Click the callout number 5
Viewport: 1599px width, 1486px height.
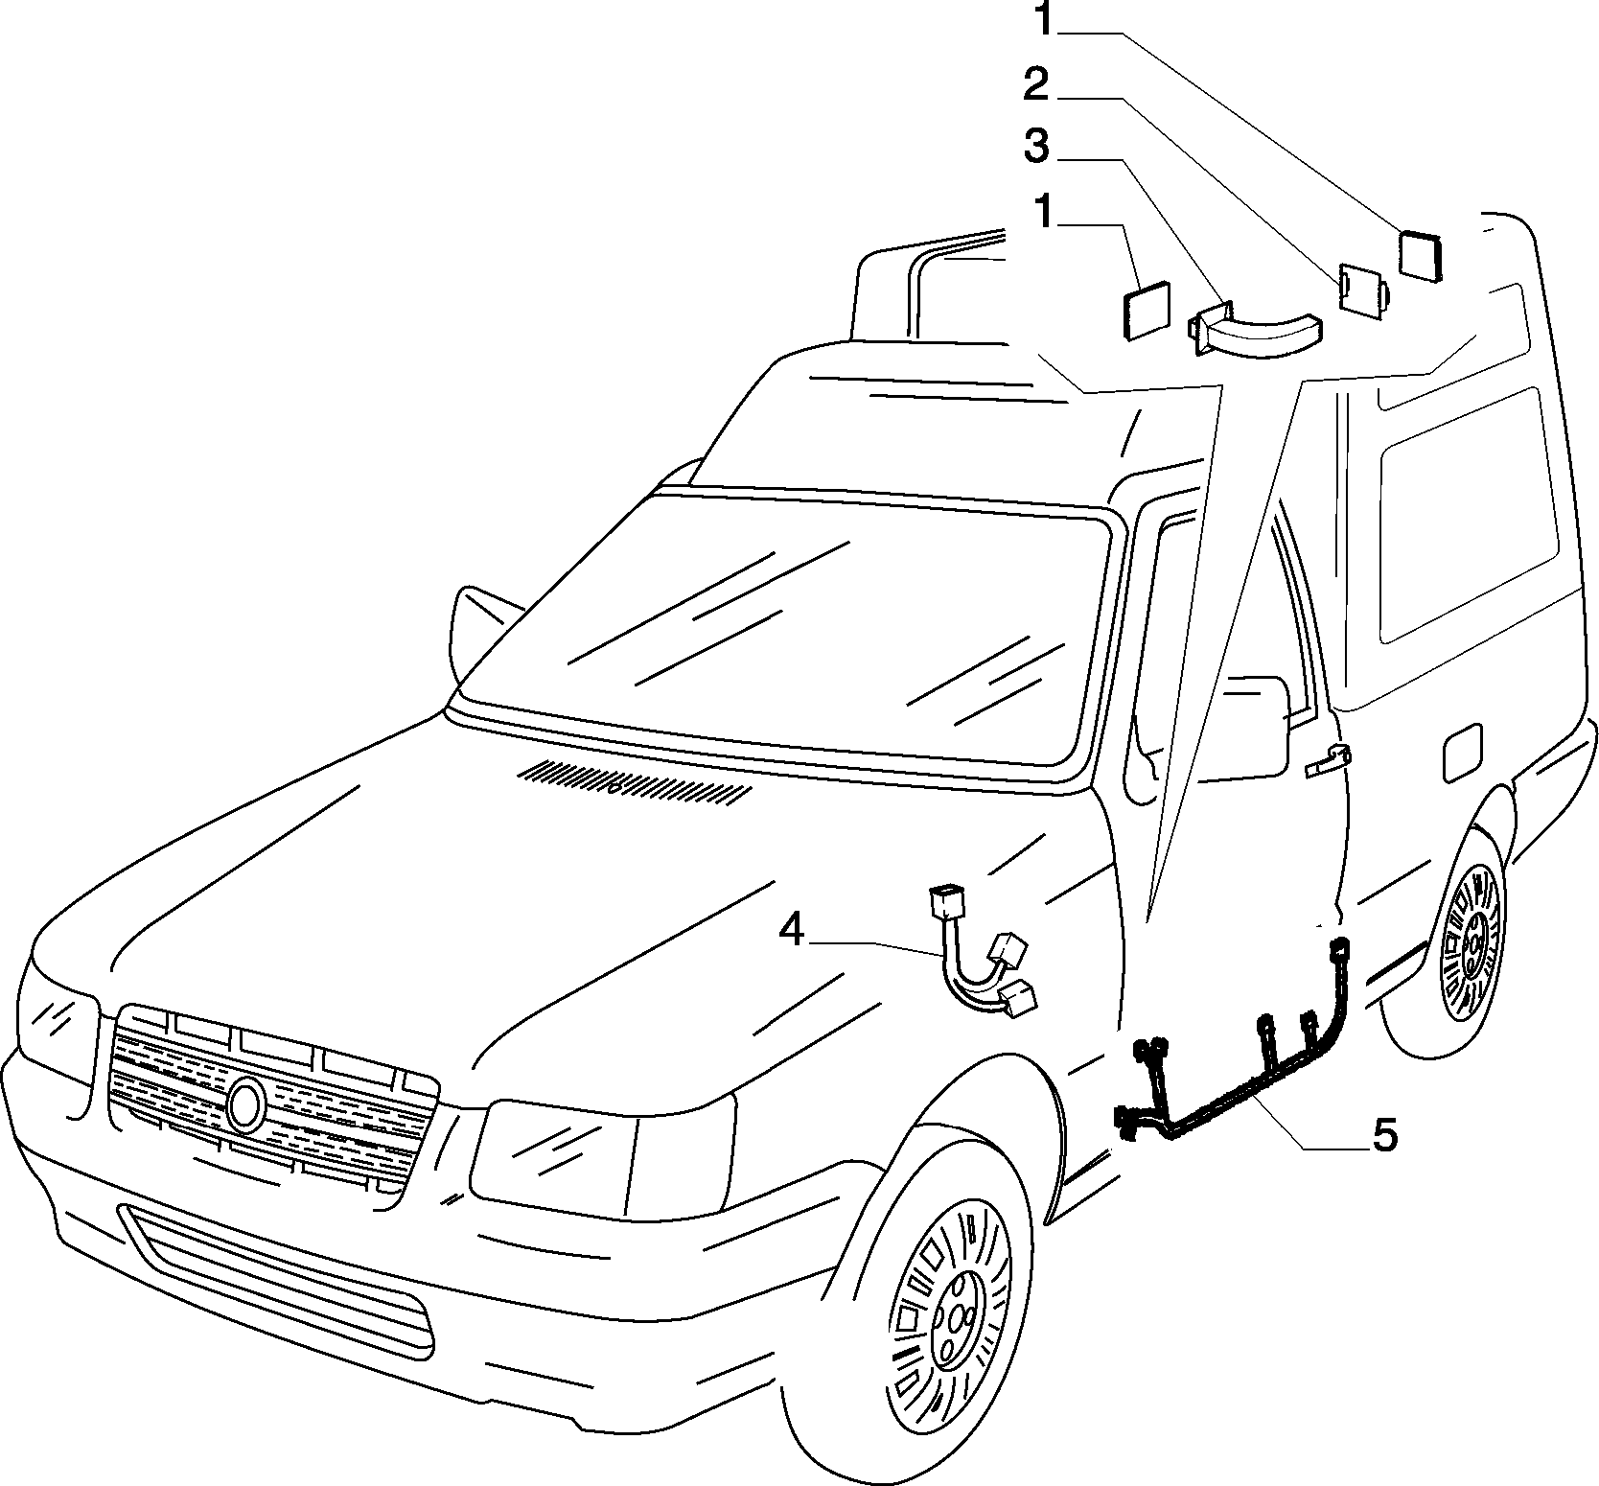point(1384,1135)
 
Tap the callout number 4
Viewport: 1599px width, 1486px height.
point(791,929)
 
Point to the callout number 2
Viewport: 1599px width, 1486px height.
point(1036,84)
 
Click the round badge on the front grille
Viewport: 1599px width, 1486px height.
point(246,1103)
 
